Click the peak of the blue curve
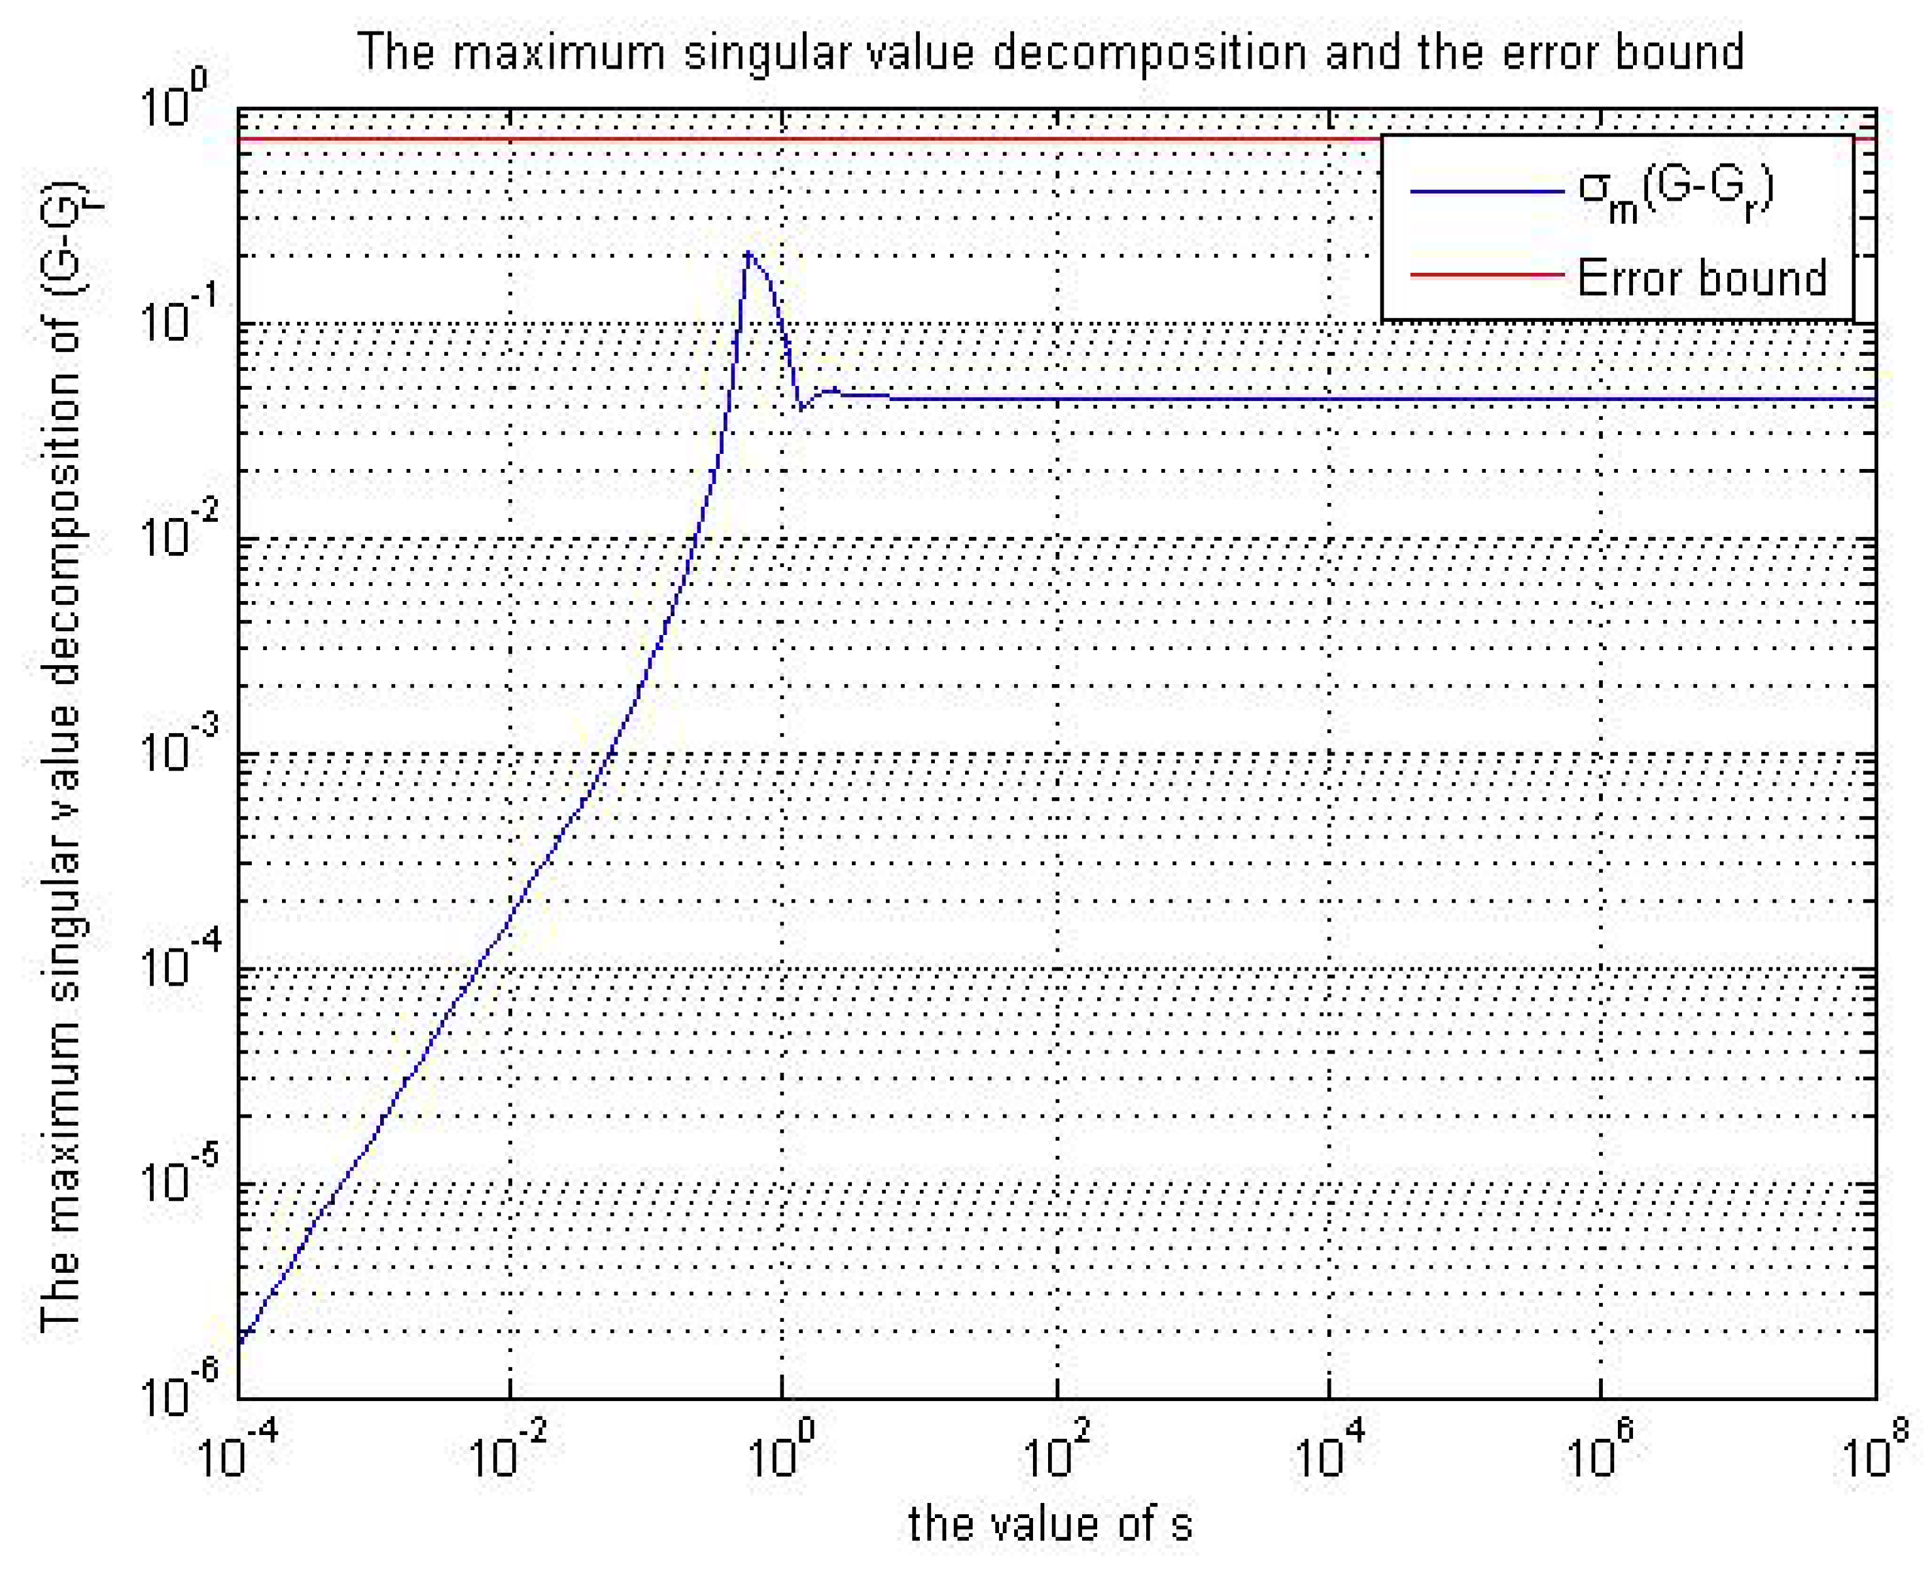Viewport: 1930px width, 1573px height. coord(748,253)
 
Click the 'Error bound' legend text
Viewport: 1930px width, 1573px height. coord(1702,277)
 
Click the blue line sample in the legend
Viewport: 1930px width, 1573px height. coord(1487,191)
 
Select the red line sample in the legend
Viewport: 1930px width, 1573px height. coord(1487,273)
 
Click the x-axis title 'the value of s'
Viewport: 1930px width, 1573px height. coord(1050,1523)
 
